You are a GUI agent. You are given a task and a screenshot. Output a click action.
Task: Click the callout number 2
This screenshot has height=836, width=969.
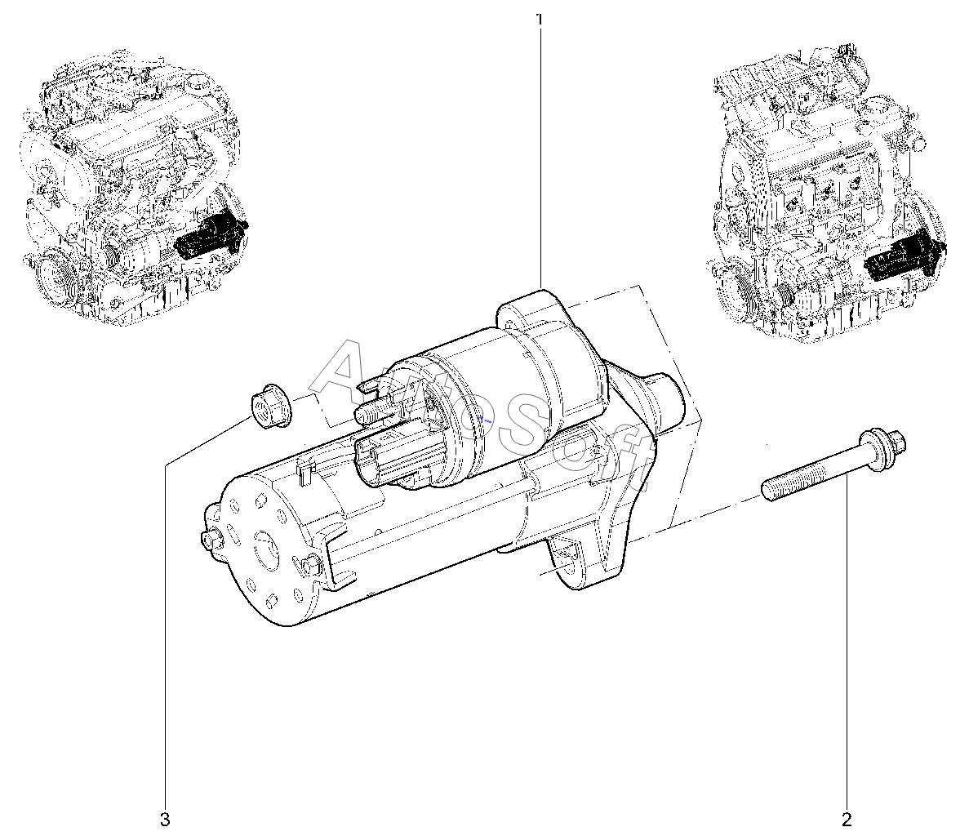pos(847,820)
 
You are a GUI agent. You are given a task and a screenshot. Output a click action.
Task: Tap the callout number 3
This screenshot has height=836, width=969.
pos(164,820)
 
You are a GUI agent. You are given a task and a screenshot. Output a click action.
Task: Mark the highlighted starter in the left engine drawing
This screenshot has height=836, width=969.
pos(210,238)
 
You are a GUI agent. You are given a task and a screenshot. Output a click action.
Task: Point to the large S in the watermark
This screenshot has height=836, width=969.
pos(522,420)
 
